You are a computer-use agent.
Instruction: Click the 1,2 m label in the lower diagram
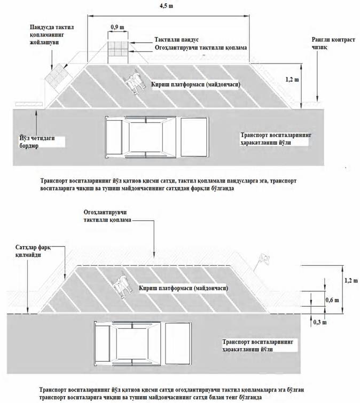350,279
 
